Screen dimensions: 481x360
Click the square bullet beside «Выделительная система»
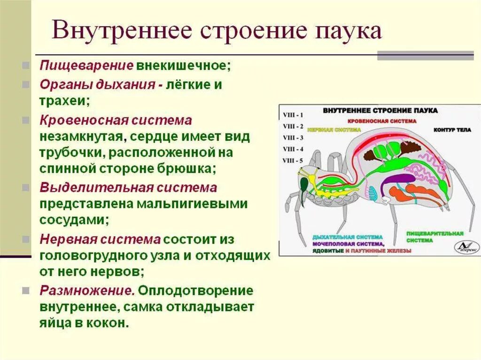point(25,187)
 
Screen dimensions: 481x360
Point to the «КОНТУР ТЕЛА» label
point(450,129)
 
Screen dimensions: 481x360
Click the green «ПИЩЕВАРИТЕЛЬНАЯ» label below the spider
point(435,233)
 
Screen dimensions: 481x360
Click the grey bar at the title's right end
point(425,56)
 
